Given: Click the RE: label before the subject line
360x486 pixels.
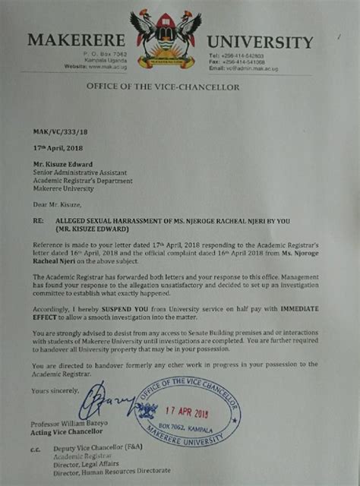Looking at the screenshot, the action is [x=37, y=220].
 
